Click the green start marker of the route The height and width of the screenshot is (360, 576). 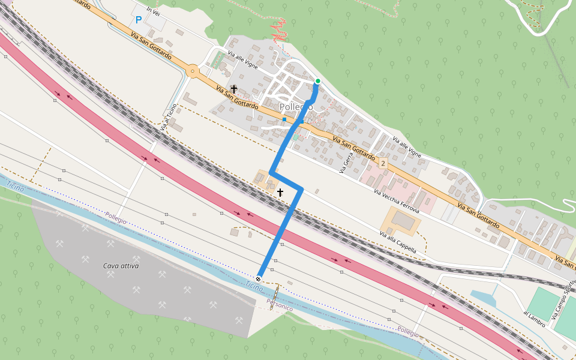(x=317, y=81)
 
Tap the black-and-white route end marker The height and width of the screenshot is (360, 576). (x=258, y=278)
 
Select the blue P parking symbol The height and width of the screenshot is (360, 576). (x=139, y=20)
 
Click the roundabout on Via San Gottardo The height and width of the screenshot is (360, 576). (x=193, y=71)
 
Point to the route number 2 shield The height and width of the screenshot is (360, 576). (x=383, y=163)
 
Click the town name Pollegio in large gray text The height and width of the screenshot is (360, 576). (x=296, y=107)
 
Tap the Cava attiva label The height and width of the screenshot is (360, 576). (x=121, y=266)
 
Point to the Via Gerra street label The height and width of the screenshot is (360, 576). (x=344, y=163)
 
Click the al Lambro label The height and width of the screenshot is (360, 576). (x=533, y=319)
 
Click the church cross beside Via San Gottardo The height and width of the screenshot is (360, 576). (x=233, y=89)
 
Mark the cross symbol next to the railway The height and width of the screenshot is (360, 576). (x=280, y=193)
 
